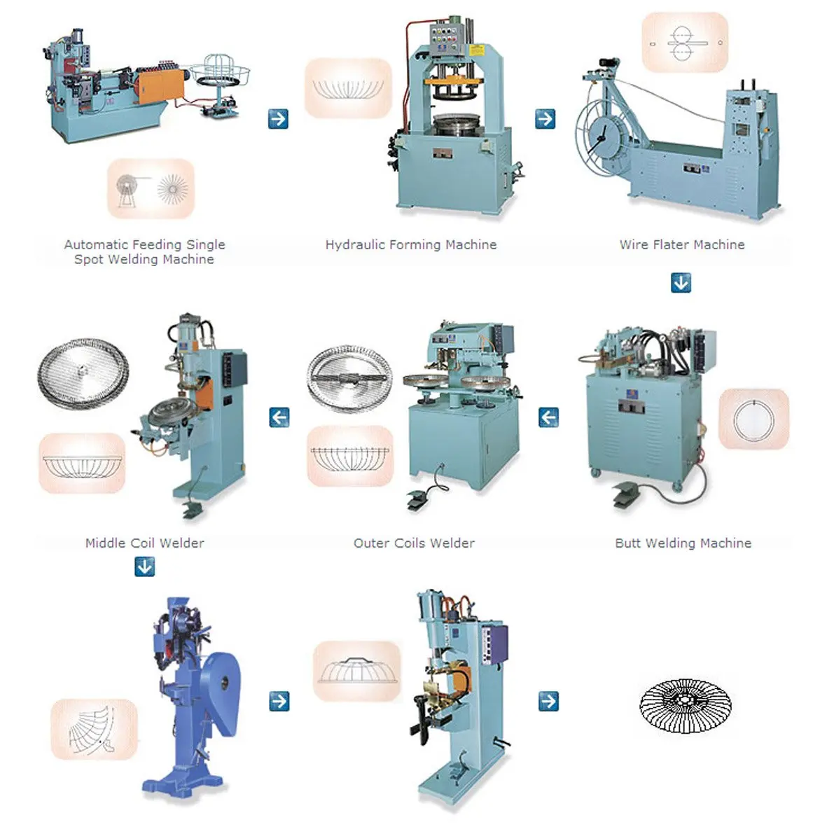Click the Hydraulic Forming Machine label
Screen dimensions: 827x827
[411, 244]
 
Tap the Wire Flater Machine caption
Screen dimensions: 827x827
[681, 244]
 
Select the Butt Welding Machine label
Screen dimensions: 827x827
[683, 543]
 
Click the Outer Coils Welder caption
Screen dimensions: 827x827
[414, 543]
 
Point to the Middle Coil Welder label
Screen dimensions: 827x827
[144, 543]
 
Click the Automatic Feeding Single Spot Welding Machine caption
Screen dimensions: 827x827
[144, 251]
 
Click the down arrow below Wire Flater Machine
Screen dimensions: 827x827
[681, 283]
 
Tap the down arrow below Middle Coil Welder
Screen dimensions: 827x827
[145, 567]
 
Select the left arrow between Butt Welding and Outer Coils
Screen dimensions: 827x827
[548, 417]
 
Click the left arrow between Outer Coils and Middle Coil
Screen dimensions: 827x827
[279, 417]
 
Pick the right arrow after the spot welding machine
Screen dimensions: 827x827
[278, 118]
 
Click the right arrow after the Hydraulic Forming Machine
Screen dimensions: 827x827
[545, 118]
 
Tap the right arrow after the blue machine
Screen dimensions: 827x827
[279, 700]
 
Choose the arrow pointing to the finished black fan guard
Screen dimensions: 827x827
[548, 700]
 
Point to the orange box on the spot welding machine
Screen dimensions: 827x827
[161, 85]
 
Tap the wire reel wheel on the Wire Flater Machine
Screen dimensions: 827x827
[601, 140]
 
